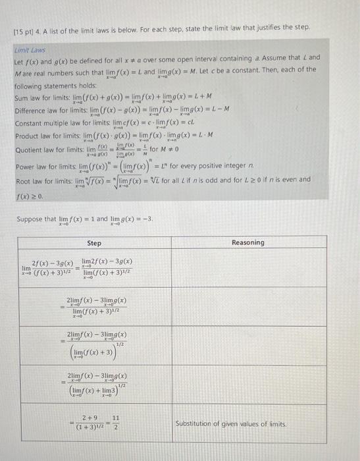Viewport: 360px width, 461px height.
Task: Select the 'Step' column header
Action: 95,243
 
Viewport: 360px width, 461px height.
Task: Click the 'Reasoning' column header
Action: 248,243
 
